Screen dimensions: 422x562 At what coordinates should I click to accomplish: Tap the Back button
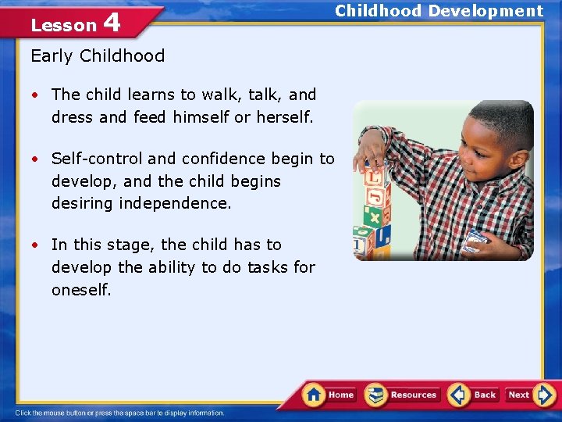[x=474, y=395]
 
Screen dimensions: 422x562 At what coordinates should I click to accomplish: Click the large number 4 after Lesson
[x=112, y=23]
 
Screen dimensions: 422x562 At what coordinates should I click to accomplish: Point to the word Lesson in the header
[x=62, y=25]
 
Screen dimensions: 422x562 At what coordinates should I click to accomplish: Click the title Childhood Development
[x=439, y=11]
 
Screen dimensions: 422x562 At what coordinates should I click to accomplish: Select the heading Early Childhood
[x=98, y=55]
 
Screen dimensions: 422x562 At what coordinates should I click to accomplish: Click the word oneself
[x=81, y=290]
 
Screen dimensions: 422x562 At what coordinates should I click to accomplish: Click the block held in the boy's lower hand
[x=475, y=240]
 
